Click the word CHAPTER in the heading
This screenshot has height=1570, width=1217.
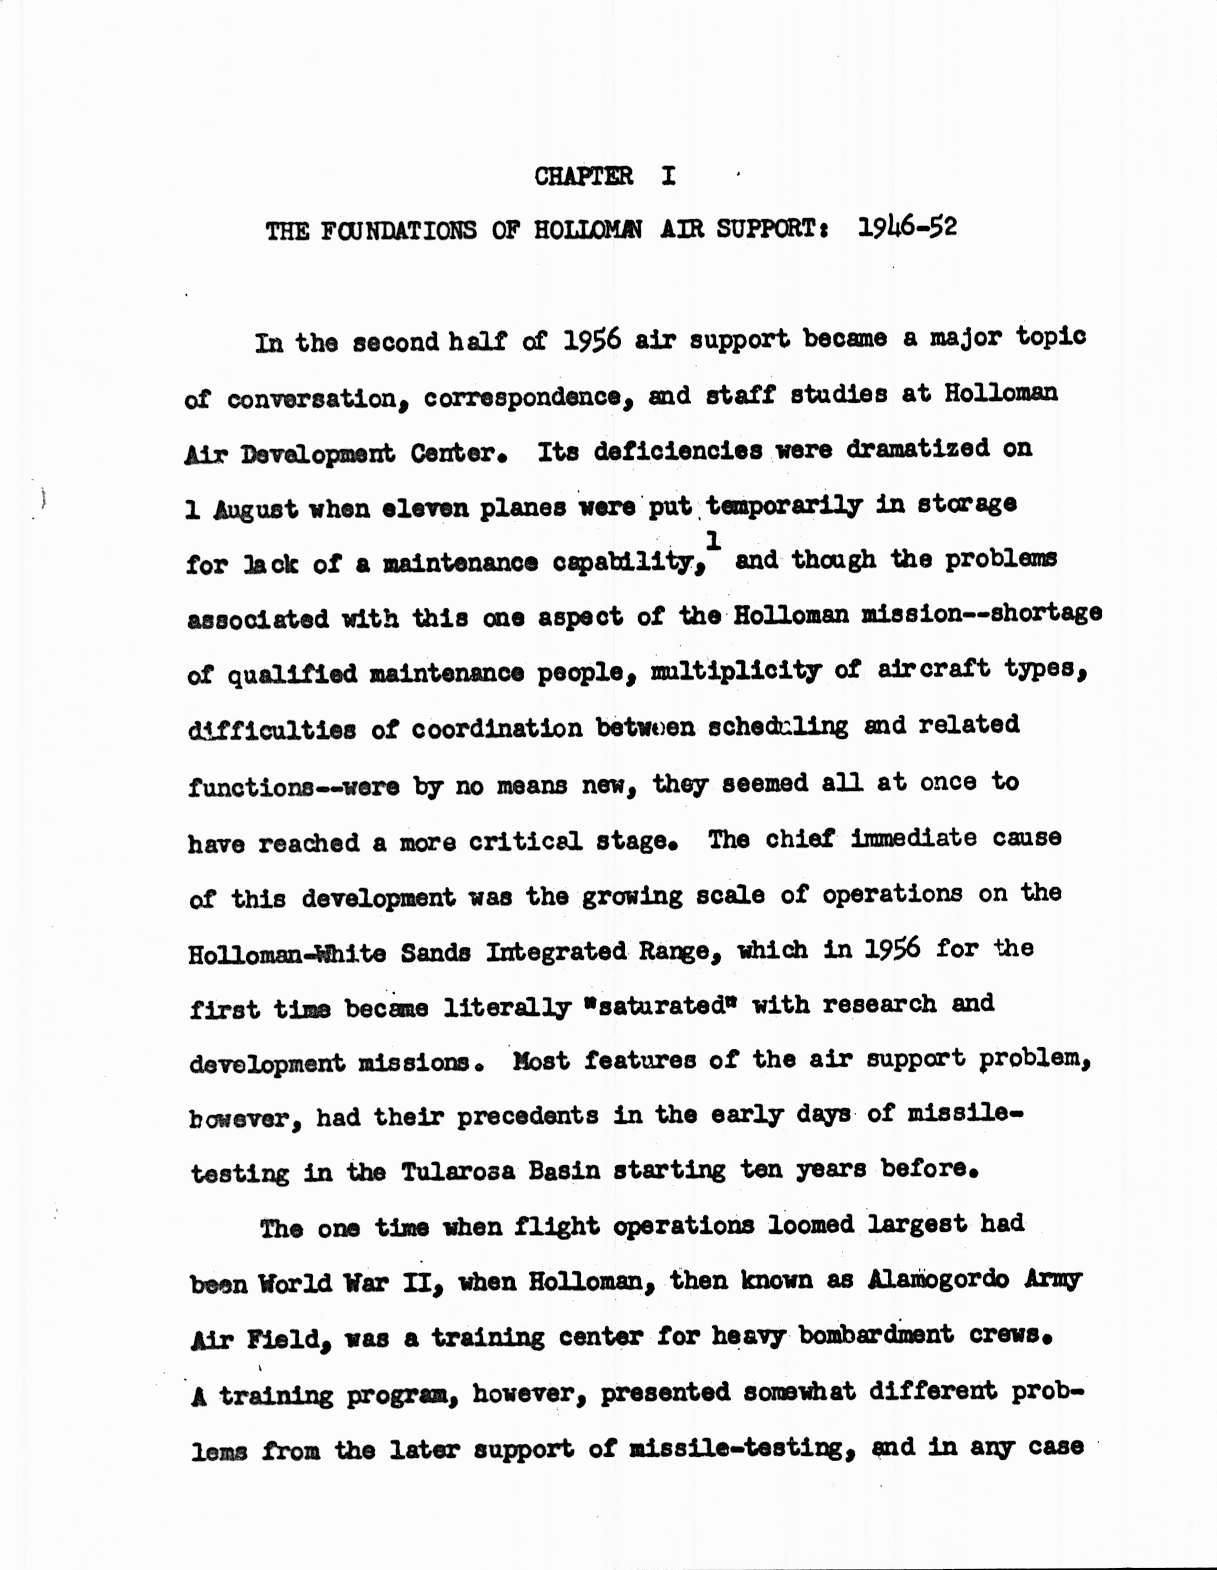click(x=583, y=176)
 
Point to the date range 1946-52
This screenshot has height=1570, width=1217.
click(x=908, y=228)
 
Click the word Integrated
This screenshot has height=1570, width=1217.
click(x=556, y=953)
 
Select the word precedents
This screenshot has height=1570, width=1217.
click(x=527, y=1116)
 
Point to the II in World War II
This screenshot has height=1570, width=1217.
click(x=419, y=1282)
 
